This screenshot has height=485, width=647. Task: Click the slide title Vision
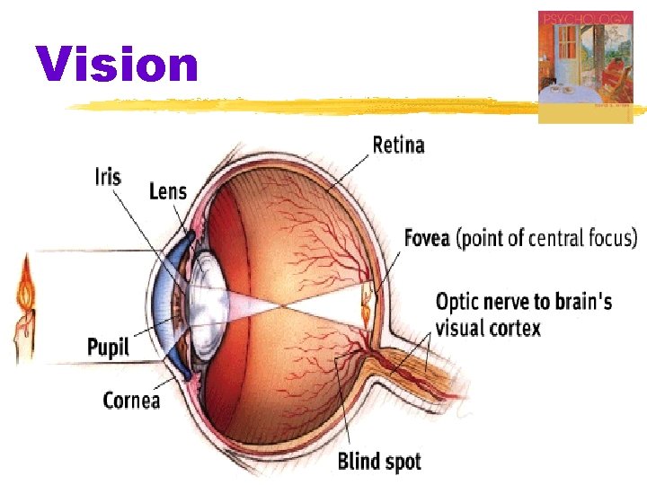point(117,65)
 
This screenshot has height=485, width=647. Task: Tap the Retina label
point(398,144)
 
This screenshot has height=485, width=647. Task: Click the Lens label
point(167,190)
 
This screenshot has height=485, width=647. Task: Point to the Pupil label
point(108,347)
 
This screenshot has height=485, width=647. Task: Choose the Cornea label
point(131,400)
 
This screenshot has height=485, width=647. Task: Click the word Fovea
point(427,238)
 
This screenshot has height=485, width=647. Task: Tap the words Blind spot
point(379,463)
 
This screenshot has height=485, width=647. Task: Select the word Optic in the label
point(457,302)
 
